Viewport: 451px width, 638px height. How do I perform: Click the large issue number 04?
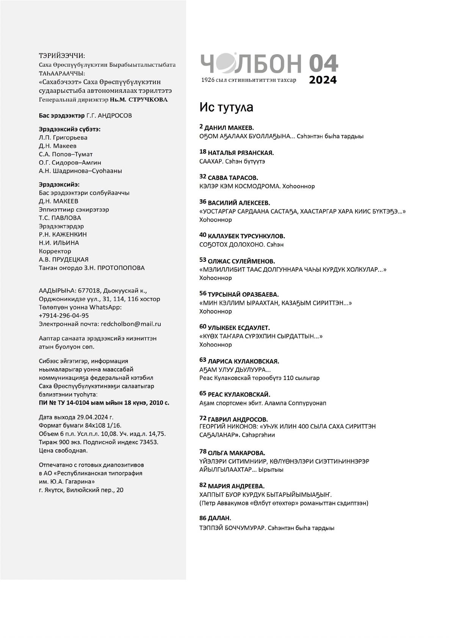[323, 63]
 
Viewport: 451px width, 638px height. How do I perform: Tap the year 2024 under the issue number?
[323, 80]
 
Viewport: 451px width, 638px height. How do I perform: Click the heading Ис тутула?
[226, 108]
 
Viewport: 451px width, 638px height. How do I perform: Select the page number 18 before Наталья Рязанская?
[203, 152]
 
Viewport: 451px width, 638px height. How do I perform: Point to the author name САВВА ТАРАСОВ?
[233, 178]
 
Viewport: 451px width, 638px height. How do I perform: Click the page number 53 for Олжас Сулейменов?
[203, 260]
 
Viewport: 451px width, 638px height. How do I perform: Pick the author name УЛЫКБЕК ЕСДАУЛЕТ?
[239, 328]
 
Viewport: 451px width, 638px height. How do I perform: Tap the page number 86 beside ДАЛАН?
[203, 518]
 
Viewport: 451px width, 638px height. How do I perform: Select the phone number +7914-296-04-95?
[64, 316]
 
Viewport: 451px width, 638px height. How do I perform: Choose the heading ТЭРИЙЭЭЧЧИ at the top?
[62, 56]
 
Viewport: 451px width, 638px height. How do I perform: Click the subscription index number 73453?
[149, 442]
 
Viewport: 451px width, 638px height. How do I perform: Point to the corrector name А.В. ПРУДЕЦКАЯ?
[64, 260]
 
